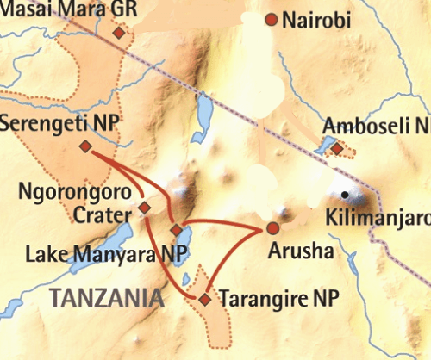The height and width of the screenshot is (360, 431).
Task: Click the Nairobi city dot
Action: pos(272,20)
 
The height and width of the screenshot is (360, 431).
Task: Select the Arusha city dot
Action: pos(272,228)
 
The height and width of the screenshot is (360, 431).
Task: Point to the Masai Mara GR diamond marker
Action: pos(119,33)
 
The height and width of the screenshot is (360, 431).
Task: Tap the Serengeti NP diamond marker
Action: pos(84,146)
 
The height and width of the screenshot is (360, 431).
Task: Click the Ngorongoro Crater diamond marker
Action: pos(145,208)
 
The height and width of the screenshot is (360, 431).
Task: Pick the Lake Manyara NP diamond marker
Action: pos(177,231)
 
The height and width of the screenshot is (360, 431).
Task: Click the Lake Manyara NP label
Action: pos(96,254)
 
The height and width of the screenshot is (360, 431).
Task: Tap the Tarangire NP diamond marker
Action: pos(204,299)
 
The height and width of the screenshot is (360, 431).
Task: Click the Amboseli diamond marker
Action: pos(337,151)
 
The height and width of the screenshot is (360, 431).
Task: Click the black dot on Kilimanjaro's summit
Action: pos(346,195)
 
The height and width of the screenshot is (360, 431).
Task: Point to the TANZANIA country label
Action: pos(107,298)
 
